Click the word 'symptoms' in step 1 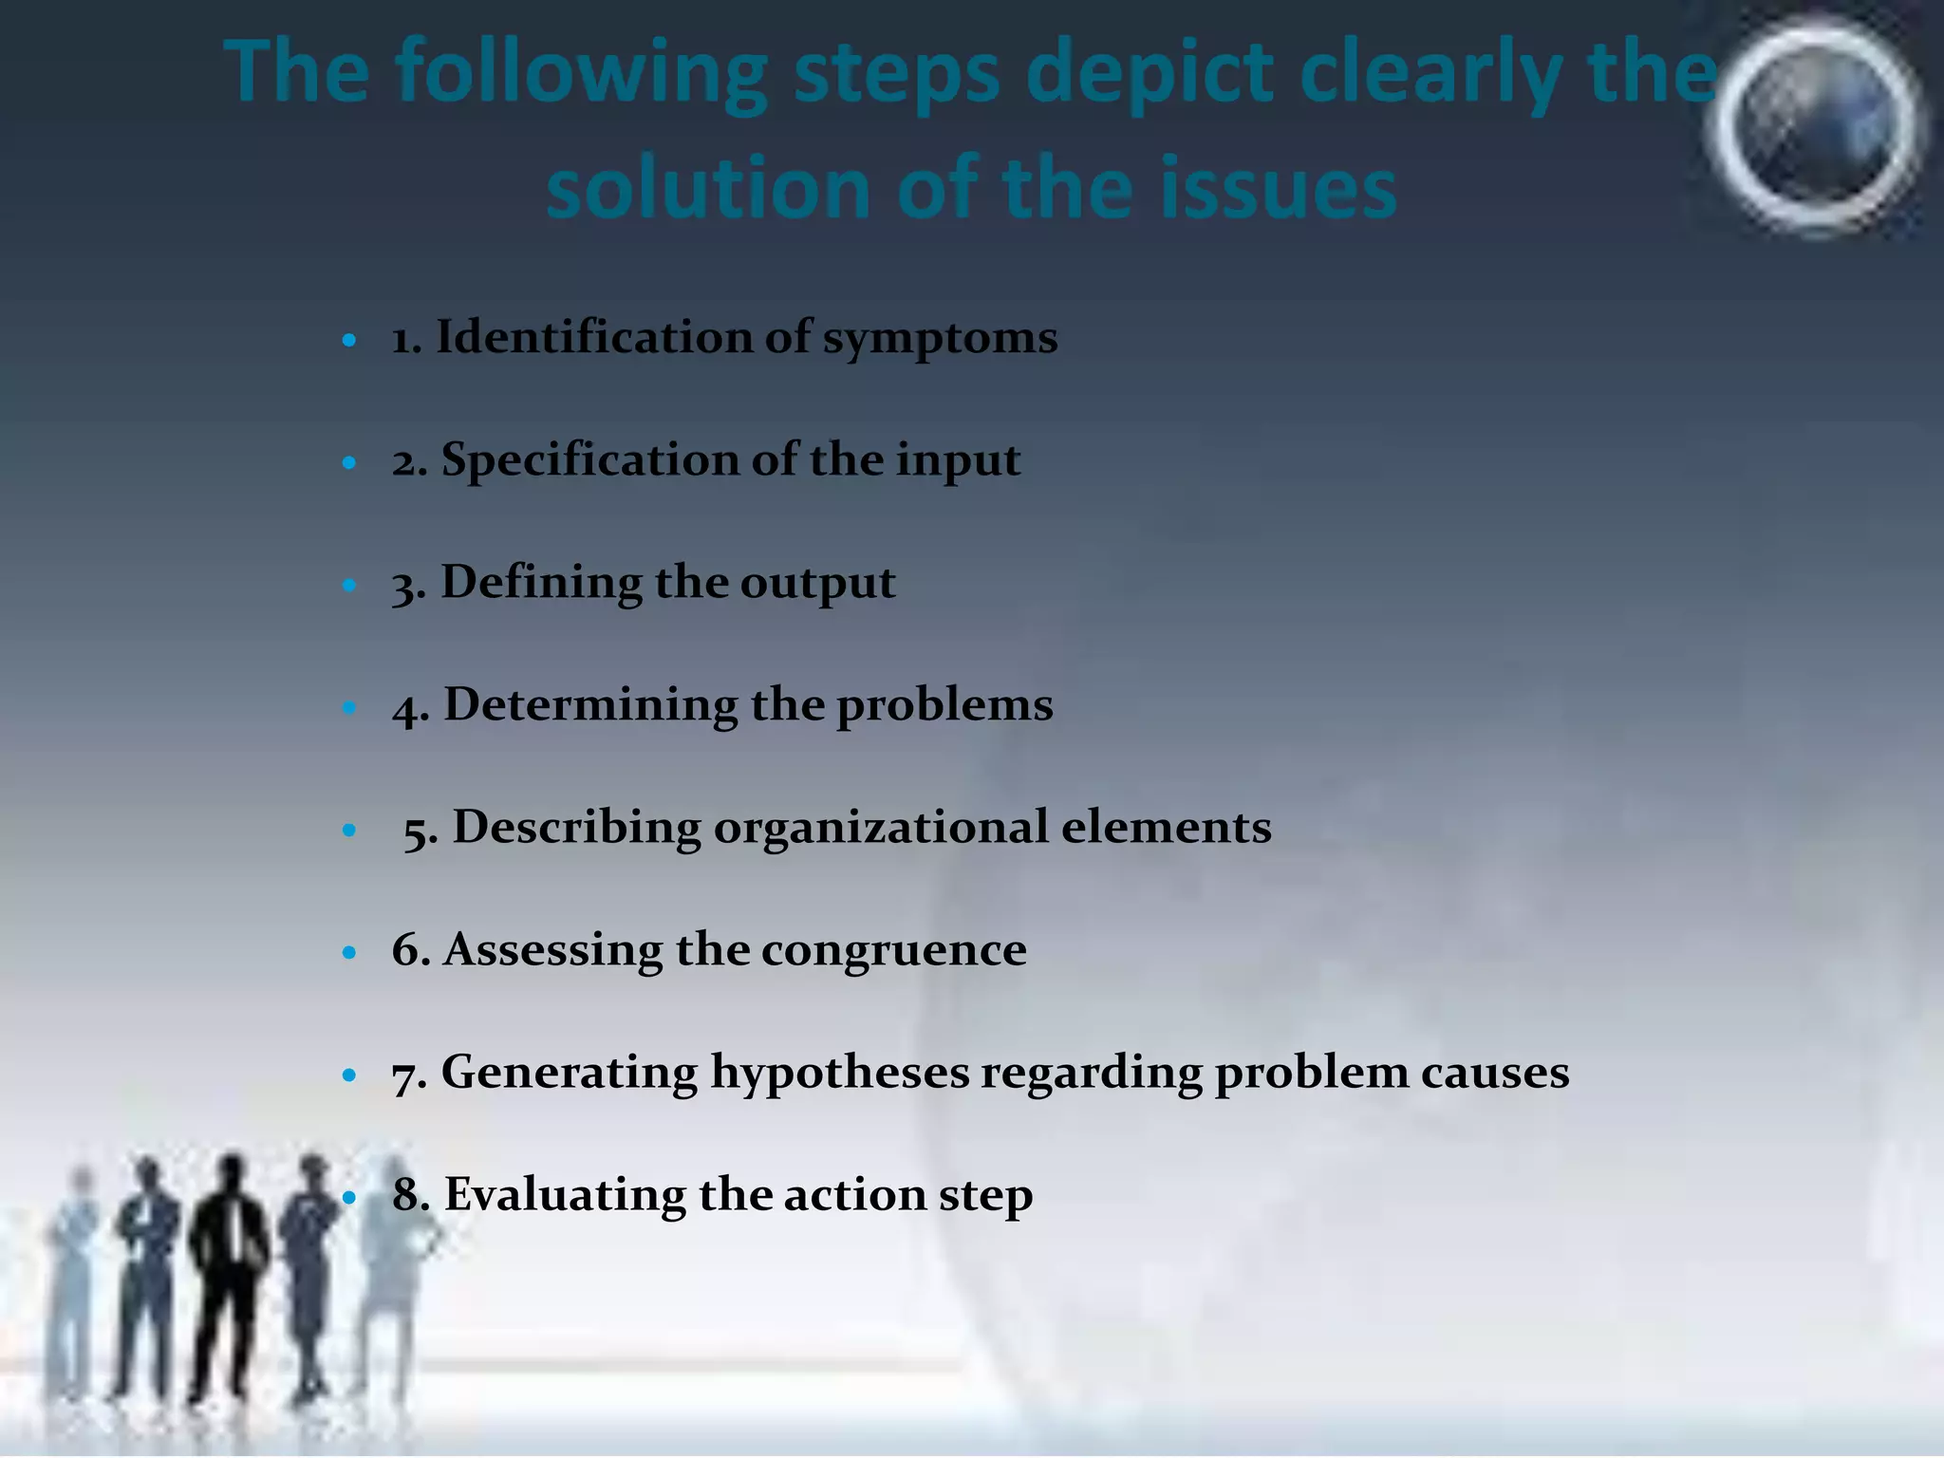pos(940,340)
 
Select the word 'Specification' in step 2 pos(589,461)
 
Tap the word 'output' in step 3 pos(817,583)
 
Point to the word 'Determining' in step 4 pos(590,705)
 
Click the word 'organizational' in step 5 pos(880,828)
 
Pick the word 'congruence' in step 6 pos(893,950)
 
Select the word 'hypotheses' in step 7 pos(840,1074)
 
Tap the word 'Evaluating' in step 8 pos(565,1195)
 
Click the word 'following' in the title pos(581,76)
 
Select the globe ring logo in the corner pos(1815,128)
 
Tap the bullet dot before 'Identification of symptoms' pos(349,340)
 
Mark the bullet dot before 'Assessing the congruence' pos(349,951)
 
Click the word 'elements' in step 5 pos(1166,828)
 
